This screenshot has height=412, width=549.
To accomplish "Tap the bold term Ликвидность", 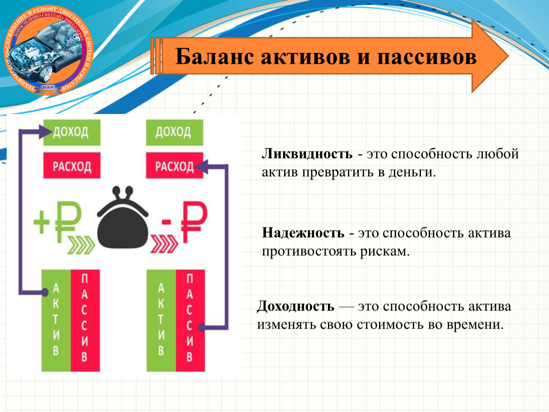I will [307, 154].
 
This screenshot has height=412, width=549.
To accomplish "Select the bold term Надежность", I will [303, 234].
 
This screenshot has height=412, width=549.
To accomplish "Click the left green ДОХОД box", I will [66, 132].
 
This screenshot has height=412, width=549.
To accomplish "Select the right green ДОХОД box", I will [174, 132].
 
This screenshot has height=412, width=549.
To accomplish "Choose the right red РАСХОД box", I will [174, 166].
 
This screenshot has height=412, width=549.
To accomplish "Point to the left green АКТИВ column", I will [56, 320].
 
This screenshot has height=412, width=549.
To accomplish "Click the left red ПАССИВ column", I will [85, 320].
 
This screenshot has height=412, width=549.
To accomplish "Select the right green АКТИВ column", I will [161, 320].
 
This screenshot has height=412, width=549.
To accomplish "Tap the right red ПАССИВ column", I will [190, 320].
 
